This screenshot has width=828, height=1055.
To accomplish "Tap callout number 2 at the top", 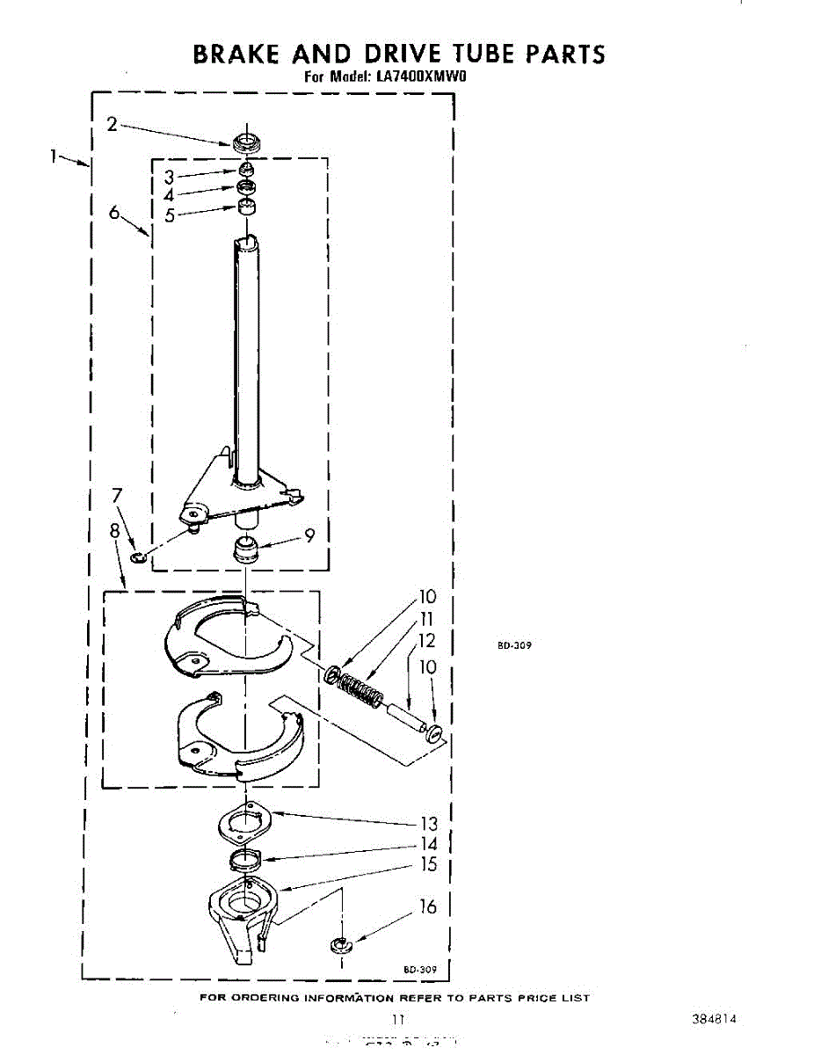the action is click(x=113, y=124).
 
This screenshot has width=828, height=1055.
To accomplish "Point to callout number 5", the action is click(x=169, y=215).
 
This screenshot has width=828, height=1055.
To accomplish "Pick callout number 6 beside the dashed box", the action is click(x=114, y=213).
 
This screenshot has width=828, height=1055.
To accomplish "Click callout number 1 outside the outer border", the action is click(x=54, y=156).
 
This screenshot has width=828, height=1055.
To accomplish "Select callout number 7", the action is click(x=117, y=496).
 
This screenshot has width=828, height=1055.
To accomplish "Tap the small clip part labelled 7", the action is click(x=137, y=557).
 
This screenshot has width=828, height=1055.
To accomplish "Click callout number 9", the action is click(x=309, y=534).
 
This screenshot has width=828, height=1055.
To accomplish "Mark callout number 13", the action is click(x=428, y=824).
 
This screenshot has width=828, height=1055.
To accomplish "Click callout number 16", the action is click(x=428, y=906).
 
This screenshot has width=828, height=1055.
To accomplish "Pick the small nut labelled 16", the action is click(x=340, y=946).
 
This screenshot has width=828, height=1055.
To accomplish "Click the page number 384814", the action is click(x=714, y=1019).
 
